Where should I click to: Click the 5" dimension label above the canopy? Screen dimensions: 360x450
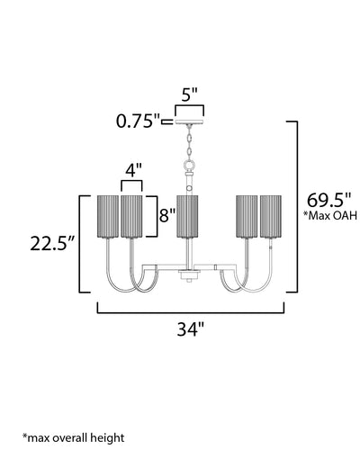coord(190,94)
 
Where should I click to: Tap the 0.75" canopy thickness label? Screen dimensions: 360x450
coord(139,121)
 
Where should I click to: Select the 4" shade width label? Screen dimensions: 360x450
coord(131,170)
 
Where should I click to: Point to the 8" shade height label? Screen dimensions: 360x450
coord(166,215)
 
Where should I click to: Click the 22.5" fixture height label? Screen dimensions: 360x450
coord(52,244)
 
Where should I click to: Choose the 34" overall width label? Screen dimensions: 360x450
coord(190,329)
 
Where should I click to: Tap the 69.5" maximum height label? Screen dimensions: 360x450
coord(328,200)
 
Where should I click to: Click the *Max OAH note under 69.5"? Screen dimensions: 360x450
coord(330,215)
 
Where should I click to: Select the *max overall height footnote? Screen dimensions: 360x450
coord(73,437)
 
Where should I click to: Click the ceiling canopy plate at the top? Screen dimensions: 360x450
coord(190,121)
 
